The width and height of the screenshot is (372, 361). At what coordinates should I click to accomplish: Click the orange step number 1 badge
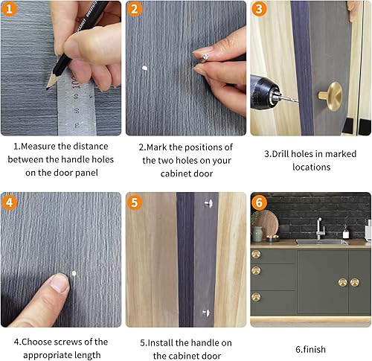click(x=9, y=9)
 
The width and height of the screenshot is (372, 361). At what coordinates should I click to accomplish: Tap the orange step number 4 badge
click(x=9, y=202)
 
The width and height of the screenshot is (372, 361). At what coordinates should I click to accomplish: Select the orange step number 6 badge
click(x=259, y=202)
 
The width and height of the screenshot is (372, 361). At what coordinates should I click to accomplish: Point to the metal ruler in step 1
click(x=76, y=104)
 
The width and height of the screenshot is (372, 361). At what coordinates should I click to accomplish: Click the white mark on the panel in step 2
click(x=144, y=68)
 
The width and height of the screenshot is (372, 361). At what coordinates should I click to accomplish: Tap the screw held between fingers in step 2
click(x=205, y=57)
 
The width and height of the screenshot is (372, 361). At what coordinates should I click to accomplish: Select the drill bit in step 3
click(x=289, y=98)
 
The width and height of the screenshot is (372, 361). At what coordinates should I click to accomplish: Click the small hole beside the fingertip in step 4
click(x=74, y=273)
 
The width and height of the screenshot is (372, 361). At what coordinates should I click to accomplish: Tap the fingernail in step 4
click(x=60, y=283)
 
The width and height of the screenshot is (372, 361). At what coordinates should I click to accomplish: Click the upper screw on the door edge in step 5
click(x=208, y=203)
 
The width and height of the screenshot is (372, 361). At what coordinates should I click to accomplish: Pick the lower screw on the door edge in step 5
click(x=206, y=313)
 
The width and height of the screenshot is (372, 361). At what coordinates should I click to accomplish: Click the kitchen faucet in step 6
click(x=319, y=229)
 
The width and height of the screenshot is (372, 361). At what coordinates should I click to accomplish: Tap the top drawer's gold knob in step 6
click(x=256, y=255)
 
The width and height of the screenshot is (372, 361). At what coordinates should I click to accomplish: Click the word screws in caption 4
click(x=67, y=342)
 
